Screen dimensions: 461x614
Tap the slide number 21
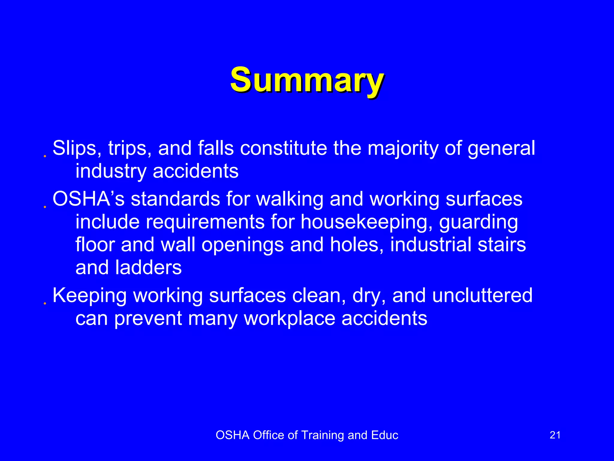[x=555, y=435]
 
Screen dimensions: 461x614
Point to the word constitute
[x=283, y=148]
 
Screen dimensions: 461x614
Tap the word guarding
[x=478, y=222]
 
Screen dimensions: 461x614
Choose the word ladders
[x=148, y=267]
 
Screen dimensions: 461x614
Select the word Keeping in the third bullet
[x=89, y=296]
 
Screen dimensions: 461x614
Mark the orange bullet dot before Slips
[x=45, y=156]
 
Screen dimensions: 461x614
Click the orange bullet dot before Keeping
[x=45, y=304]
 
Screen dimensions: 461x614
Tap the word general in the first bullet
[x=501, y=149]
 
